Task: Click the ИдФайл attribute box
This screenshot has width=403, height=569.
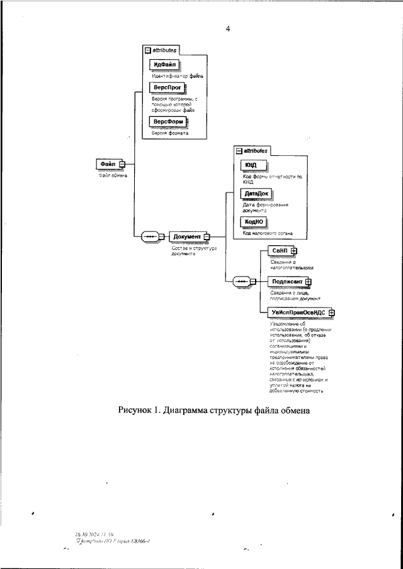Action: point(164,65)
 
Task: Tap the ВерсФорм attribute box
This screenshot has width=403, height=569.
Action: point(169,121)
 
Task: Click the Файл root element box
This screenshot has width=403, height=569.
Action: point(107,164)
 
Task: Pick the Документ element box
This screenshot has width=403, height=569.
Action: point(186,237)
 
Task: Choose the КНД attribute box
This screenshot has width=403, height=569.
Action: point(251,165)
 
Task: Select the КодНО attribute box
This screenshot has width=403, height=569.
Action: point(254,222)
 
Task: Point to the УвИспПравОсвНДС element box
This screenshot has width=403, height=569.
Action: point(298,312)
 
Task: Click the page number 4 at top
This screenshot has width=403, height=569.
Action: point(227,28)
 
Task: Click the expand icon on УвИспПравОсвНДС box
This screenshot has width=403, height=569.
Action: point(332,312)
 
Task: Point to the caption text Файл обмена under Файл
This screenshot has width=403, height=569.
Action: point(113,175)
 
